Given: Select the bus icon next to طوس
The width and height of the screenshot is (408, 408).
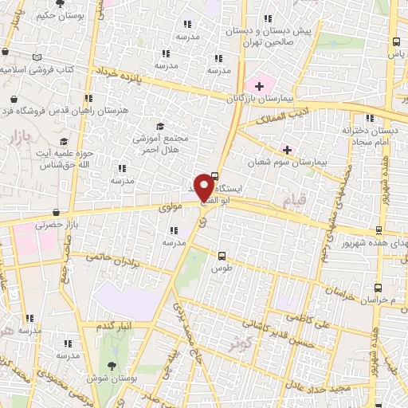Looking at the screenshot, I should pyautogui.click(x=222, y=257).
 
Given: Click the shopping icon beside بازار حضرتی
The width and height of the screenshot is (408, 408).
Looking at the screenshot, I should pyautogui.click(x=56, y=213).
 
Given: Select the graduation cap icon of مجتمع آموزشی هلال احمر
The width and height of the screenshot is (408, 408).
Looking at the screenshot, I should pyautogui.click(x=159, y=126).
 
